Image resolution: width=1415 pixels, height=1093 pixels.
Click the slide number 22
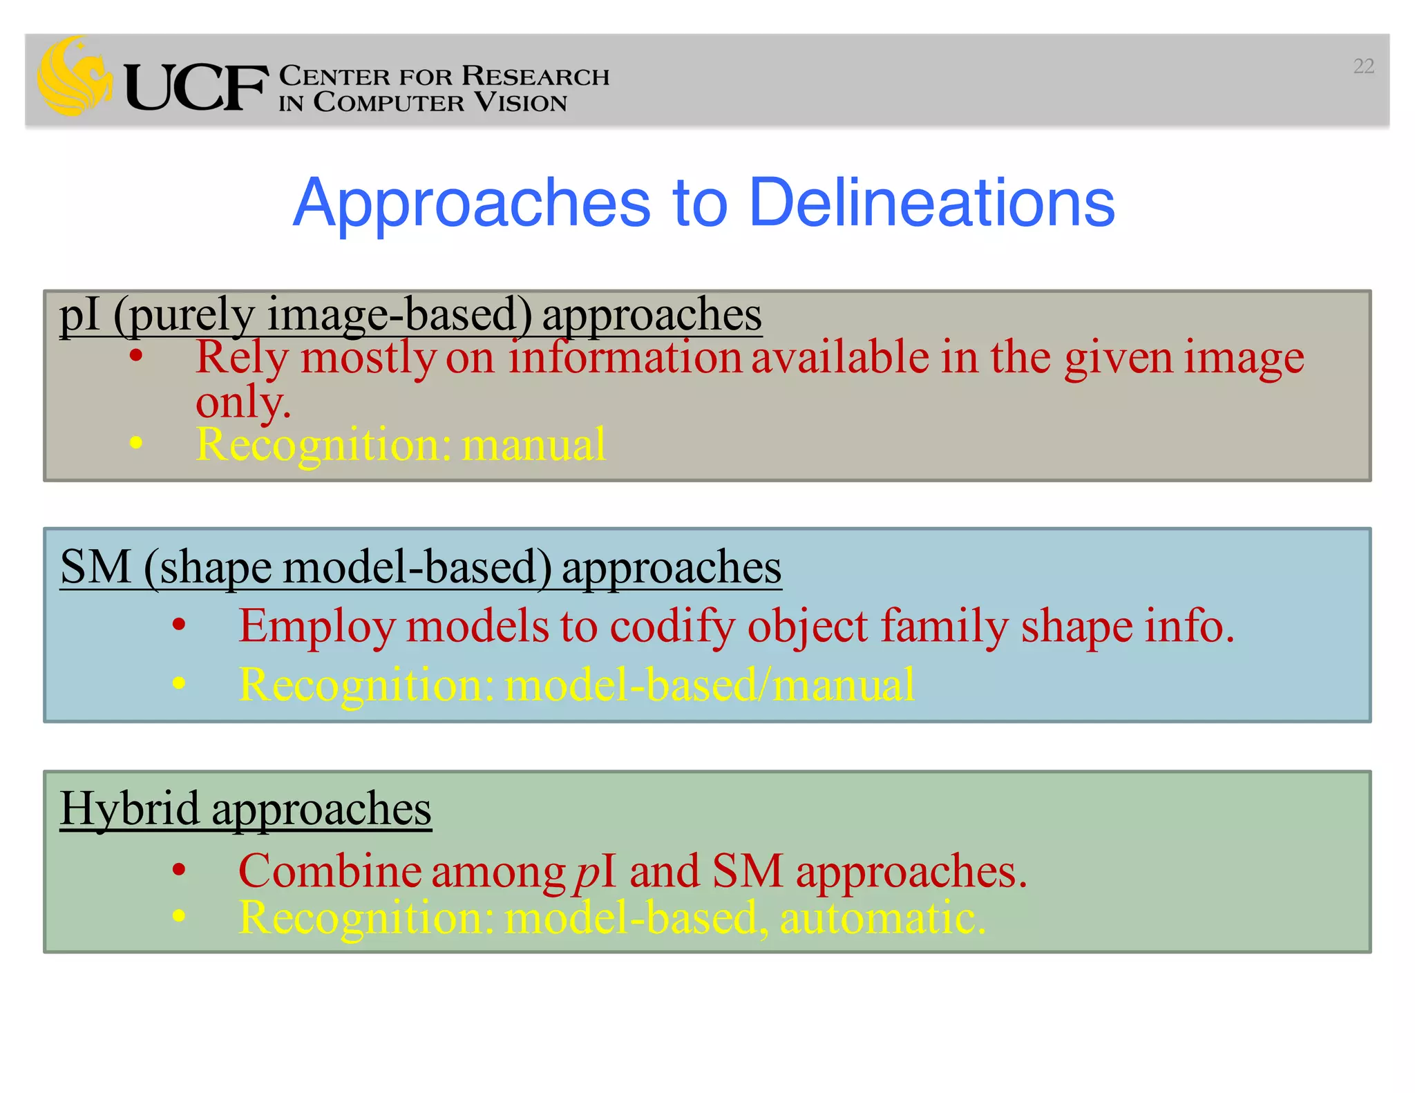1363,66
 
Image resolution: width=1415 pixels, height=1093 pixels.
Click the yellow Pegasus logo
74,76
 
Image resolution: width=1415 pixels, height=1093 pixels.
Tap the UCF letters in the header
196,88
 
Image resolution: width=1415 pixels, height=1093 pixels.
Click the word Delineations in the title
931,202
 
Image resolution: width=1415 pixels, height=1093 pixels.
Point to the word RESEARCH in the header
535,76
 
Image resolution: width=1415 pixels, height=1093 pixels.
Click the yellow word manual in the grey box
533,444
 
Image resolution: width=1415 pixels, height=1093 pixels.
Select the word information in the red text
625,358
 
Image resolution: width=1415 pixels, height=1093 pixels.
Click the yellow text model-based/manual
710,685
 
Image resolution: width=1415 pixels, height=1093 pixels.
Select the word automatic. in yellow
882,919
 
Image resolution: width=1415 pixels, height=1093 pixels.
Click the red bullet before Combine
179,870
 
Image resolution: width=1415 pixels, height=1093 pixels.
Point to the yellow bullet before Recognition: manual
136,443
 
